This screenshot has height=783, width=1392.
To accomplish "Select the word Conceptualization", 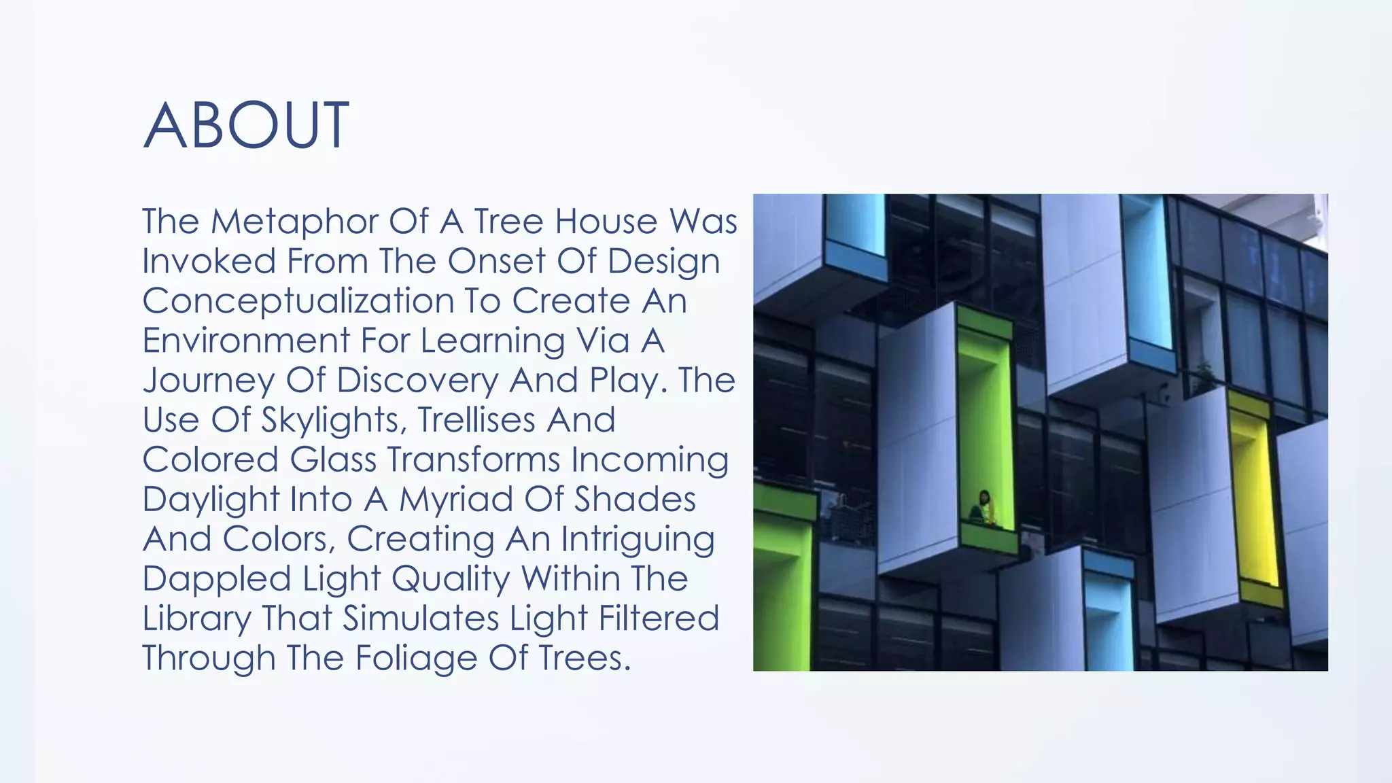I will click(298, 301).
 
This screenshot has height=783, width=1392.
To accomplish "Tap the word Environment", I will click(245, 341).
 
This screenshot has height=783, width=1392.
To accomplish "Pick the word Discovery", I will click(417, 380).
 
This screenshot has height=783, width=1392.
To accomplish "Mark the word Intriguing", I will click(638, 540).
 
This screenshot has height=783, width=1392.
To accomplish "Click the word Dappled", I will click(216, 579).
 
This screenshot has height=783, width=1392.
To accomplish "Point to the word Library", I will click(196, 619).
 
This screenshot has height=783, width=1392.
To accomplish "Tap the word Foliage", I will click(416, 659).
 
